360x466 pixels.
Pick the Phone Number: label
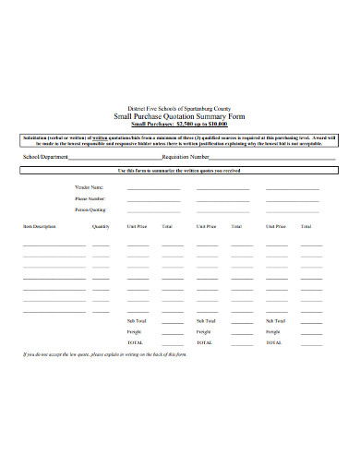click(x=90, y=198)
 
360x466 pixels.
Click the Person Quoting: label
click(x=90, y=209)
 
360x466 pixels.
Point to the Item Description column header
click(x=40, y=226)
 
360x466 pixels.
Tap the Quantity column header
click(x=101, y=226)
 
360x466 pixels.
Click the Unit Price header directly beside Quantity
click(x=137, y=226)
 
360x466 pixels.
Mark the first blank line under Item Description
click(x=54, y=245)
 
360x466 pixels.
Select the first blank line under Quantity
click(x=101, y=245)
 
